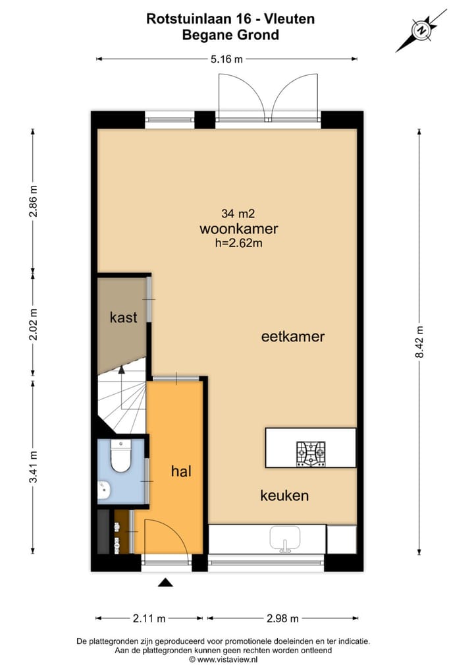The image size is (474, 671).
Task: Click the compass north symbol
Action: point(419,29)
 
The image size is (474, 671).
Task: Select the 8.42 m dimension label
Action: point(419,342)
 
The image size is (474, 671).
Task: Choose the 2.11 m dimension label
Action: point(149,618)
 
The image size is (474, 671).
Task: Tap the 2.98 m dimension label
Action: point(282,618)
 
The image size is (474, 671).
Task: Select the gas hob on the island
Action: point(310,453)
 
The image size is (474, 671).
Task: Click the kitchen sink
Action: point(285,539)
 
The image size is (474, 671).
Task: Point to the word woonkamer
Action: point(238,229)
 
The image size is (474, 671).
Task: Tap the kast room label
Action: point(123,317)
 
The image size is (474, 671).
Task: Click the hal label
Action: point(180,471)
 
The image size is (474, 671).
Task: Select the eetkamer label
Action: point(293,336)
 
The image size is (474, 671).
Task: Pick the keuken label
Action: point(284,496)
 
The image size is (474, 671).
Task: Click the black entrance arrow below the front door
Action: point(166,582)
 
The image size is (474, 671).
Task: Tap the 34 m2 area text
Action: point(238,214)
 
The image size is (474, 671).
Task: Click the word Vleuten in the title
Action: point(289,19)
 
